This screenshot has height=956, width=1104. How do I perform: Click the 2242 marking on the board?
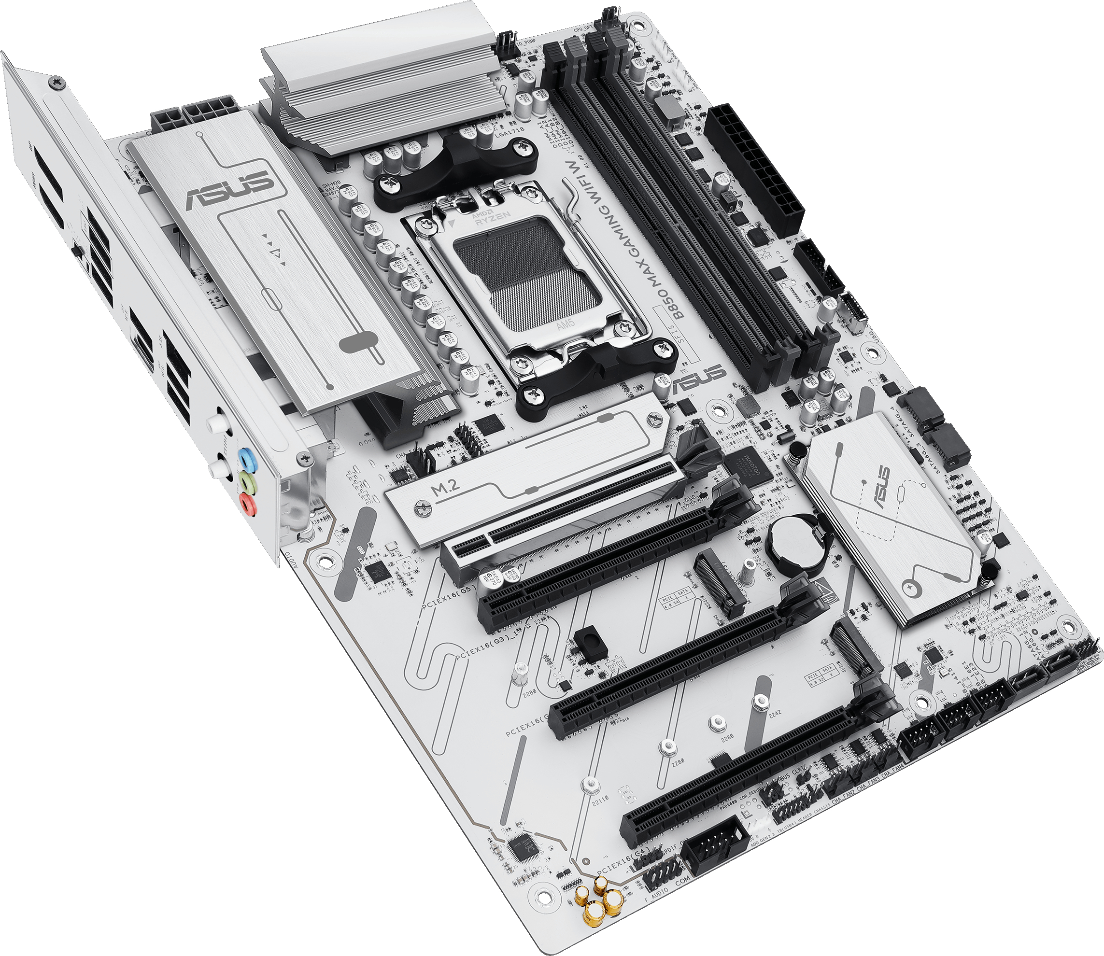point(775,714)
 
